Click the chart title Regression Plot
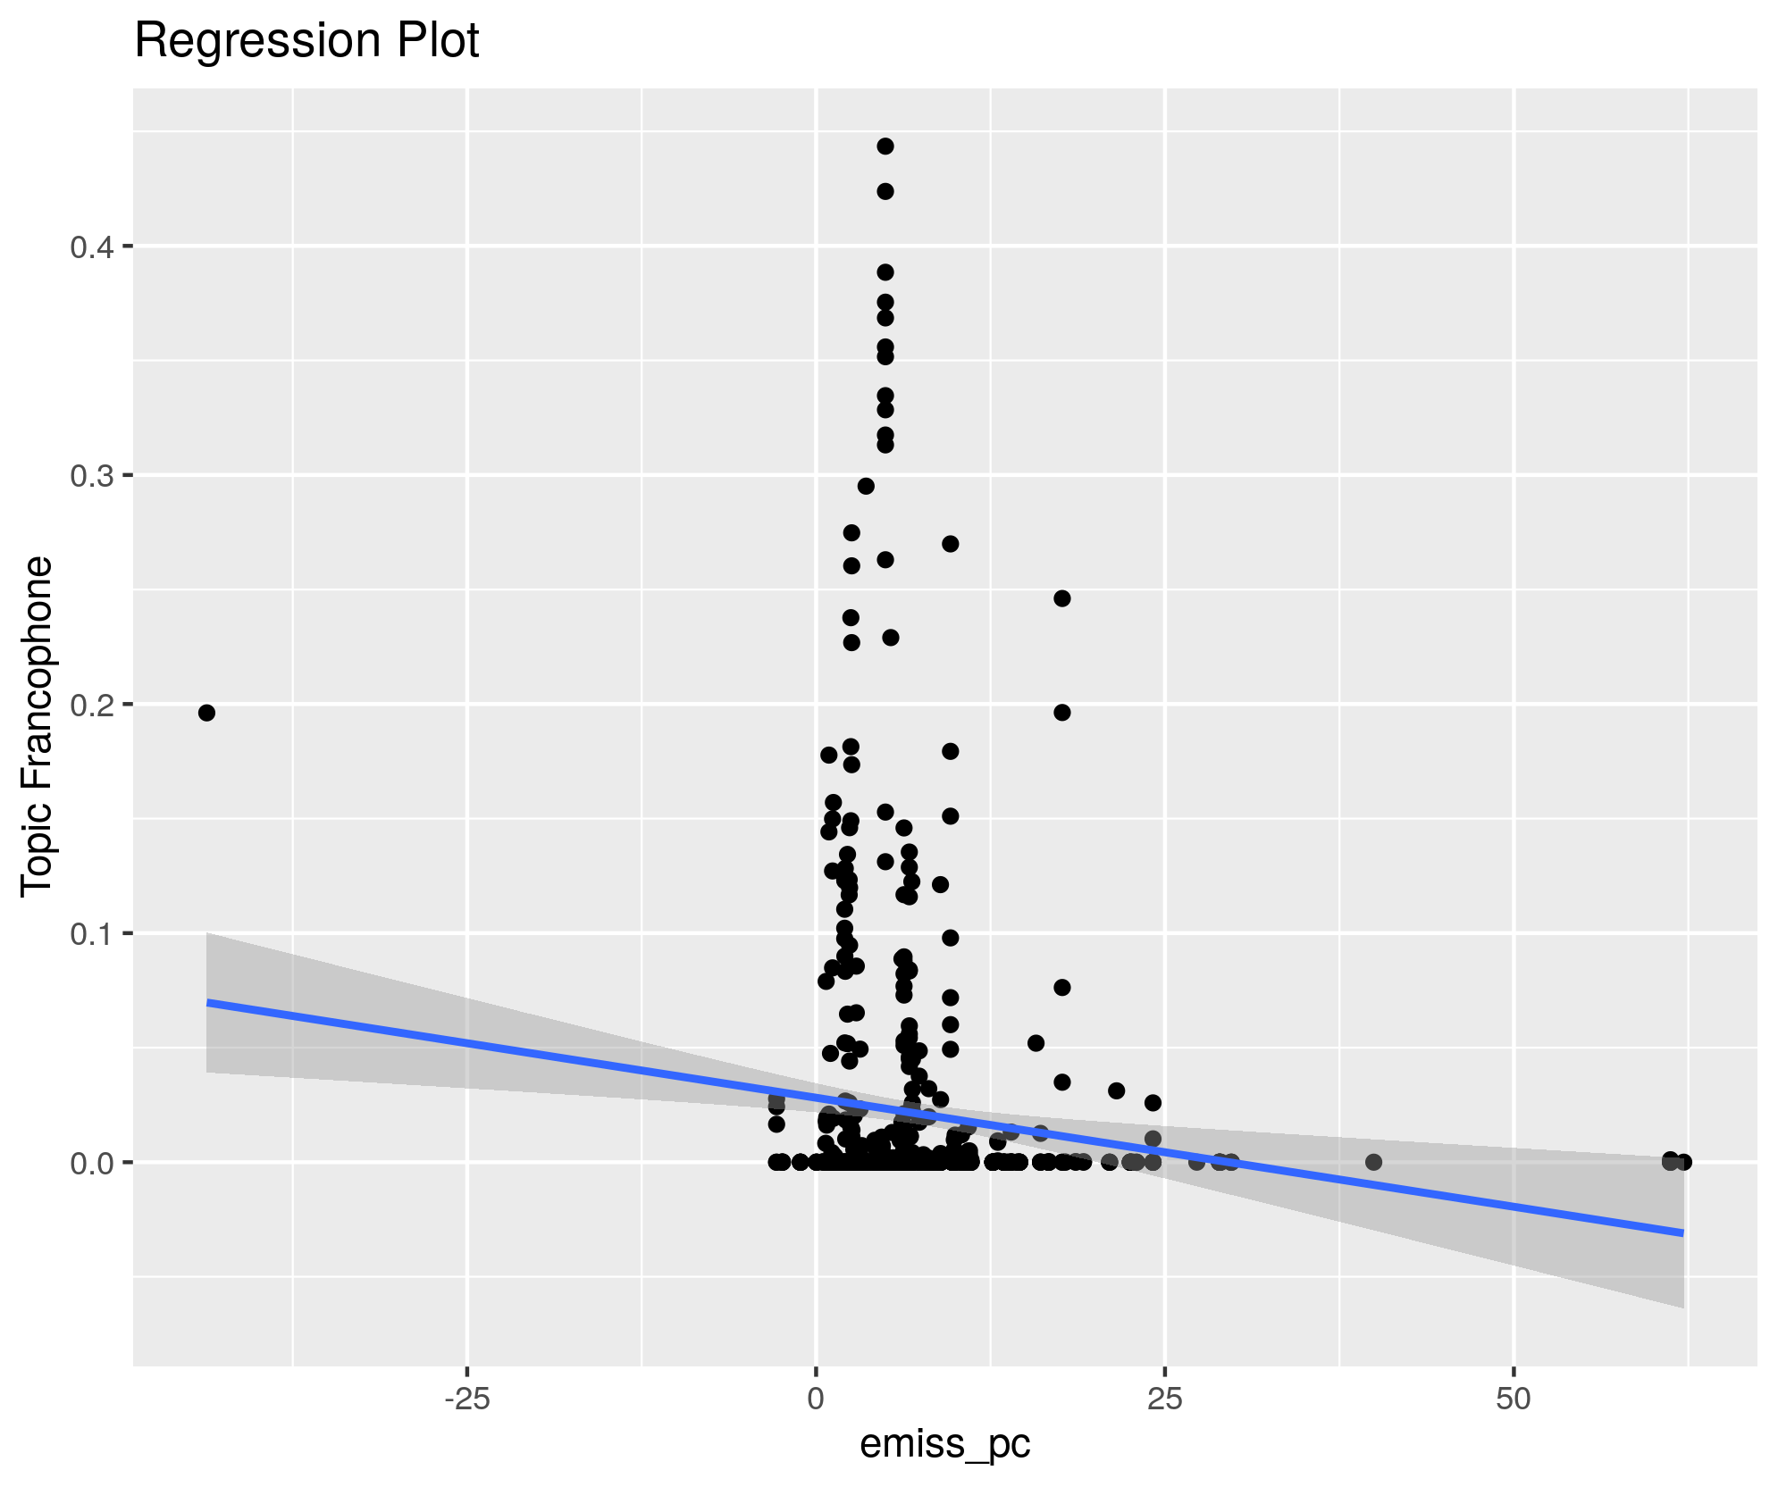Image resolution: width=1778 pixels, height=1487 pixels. coord(306,41)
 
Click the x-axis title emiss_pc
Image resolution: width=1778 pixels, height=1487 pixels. coord(944,1443)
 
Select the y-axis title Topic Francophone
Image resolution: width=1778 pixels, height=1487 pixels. coord(38,725)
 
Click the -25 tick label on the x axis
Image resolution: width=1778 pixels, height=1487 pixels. coord(466,1399)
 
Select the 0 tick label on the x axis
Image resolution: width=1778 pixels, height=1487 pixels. coord(816,1399)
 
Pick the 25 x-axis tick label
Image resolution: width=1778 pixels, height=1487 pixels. coord(1164,1399)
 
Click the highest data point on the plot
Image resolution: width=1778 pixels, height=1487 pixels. coord(885,146)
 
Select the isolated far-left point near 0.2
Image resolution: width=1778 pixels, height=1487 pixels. coord(206,713)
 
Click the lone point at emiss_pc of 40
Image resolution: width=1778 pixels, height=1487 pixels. coord(1374,1162)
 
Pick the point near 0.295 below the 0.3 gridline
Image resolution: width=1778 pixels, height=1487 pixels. coord(866,486)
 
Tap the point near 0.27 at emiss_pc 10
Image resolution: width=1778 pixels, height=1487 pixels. coord(951,544)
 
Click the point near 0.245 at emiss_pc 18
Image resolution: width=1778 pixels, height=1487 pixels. coord(1062,598)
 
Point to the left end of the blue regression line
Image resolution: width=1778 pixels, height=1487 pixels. coord(208,1003)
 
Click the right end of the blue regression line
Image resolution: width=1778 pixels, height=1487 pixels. coord(1682,1232)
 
